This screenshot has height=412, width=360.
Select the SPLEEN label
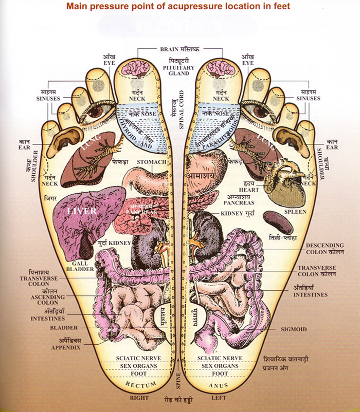(x=295, y=212)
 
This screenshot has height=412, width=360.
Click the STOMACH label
(x=152, y=162)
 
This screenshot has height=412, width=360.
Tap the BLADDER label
(x=64, y=328)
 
